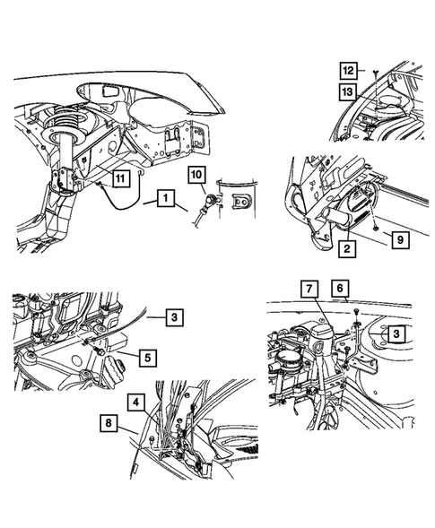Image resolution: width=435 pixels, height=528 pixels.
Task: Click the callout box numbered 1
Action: (163, 195)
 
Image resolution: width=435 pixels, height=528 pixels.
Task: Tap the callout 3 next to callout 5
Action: (174, 316)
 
